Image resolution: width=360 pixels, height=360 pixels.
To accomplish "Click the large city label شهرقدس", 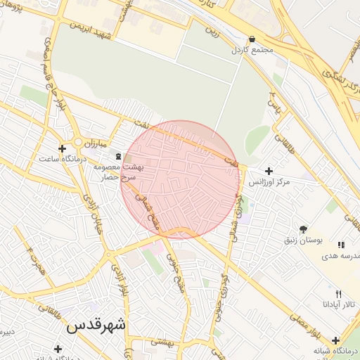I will tap(97, 326).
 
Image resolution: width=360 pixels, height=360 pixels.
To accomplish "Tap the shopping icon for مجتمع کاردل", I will tap(252, 39).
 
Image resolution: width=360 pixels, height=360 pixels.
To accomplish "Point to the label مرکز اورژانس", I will tap(273, 181).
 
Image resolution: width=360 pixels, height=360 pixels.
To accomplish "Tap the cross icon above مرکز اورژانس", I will tap(268, 170).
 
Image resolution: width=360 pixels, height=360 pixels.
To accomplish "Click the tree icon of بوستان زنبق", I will tap(303, 229).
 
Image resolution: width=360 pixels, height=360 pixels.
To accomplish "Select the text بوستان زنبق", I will tap(304, 240).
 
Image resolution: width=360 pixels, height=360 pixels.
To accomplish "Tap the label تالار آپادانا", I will tap(340, 304).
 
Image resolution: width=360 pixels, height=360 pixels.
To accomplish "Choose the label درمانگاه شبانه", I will tap(336, 351).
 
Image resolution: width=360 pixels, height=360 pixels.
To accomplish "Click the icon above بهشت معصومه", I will tap(117, 156).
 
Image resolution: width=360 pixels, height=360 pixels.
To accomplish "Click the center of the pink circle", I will tap(181, 179).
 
